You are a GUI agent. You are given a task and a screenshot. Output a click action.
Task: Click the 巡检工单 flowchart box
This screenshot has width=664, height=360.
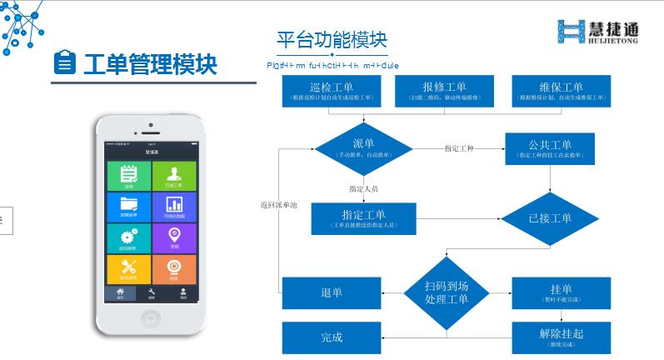pyautogui.click(x=332, y=91)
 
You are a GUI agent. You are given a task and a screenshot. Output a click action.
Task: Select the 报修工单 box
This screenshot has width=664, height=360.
pyautogui.click(x=444, y=91)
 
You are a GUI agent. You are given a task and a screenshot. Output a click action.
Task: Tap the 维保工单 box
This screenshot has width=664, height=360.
pyautogui.click(x=560, y=91)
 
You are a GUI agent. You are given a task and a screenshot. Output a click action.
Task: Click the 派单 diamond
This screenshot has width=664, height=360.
pyautogui.click(x=363, y=147)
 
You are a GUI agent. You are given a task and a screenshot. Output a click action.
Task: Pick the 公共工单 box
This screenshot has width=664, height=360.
pyautogui.click(x=550, y=148)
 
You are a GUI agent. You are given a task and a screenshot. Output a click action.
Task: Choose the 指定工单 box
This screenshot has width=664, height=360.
pyautogui.click(x=363, y=218)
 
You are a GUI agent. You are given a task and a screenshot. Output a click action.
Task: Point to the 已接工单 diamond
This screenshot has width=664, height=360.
pyautogui.click(x=550, y=218)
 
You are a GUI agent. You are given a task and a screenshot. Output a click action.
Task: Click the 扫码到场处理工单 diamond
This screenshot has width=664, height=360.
pyautogui.click(x=447, y=292)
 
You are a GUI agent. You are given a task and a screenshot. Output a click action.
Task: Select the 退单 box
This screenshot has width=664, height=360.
pyautogui.click(x=331, y=292)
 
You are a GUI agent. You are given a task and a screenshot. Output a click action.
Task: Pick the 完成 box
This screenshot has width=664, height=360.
pyautogui.click(x=331, y=337)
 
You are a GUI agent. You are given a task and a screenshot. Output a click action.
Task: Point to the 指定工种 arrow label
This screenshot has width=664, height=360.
pyautogui.click(x=459, y=148)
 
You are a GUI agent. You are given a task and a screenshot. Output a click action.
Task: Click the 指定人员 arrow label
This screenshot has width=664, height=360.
pyautogui.click(x=363, y=188)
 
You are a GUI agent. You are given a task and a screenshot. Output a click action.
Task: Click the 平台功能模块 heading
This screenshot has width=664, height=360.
pyautogui.click(x=332, y=40)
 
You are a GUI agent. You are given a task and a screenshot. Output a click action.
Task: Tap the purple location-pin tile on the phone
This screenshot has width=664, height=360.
pyautogui.click(x=174, y=237)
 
